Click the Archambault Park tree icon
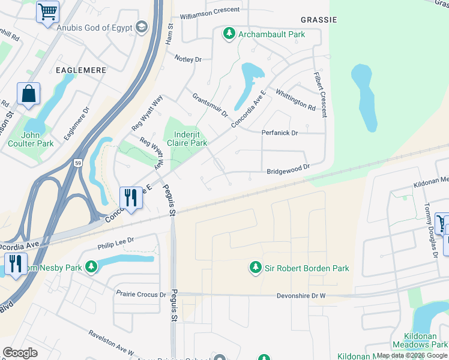[229, 34]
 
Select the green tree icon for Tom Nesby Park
[91, 266]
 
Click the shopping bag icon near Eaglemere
[28, 94]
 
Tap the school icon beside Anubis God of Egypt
[141, 27]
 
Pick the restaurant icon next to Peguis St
[131, 197]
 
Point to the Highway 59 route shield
[78, 163]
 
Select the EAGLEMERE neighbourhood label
[81, 70]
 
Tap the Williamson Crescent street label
[209, 16]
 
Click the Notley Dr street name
[188, 59]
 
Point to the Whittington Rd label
[295, 100]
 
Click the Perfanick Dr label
[279, 133]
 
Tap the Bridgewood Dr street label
[288, 170]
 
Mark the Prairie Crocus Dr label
[142, 295]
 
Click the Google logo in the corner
[20, 353]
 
